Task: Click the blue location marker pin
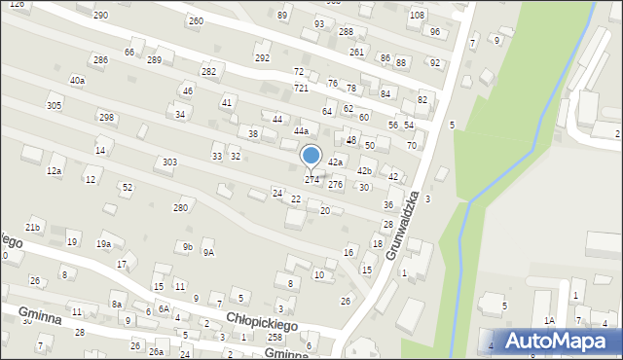311,156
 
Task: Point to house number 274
311,180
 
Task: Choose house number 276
335,184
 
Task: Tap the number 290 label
100,16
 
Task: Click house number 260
196,20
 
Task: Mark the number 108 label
417,16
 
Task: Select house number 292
262,58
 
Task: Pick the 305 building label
55,105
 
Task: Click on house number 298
106,117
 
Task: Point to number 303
169,162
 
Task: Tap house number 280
180,207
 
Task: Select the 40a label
77,80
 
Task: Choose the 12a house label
55,171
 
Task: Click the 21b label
33,227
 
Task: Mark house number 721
301,88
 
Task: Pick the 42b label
364,171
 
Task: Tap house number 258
275,337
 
